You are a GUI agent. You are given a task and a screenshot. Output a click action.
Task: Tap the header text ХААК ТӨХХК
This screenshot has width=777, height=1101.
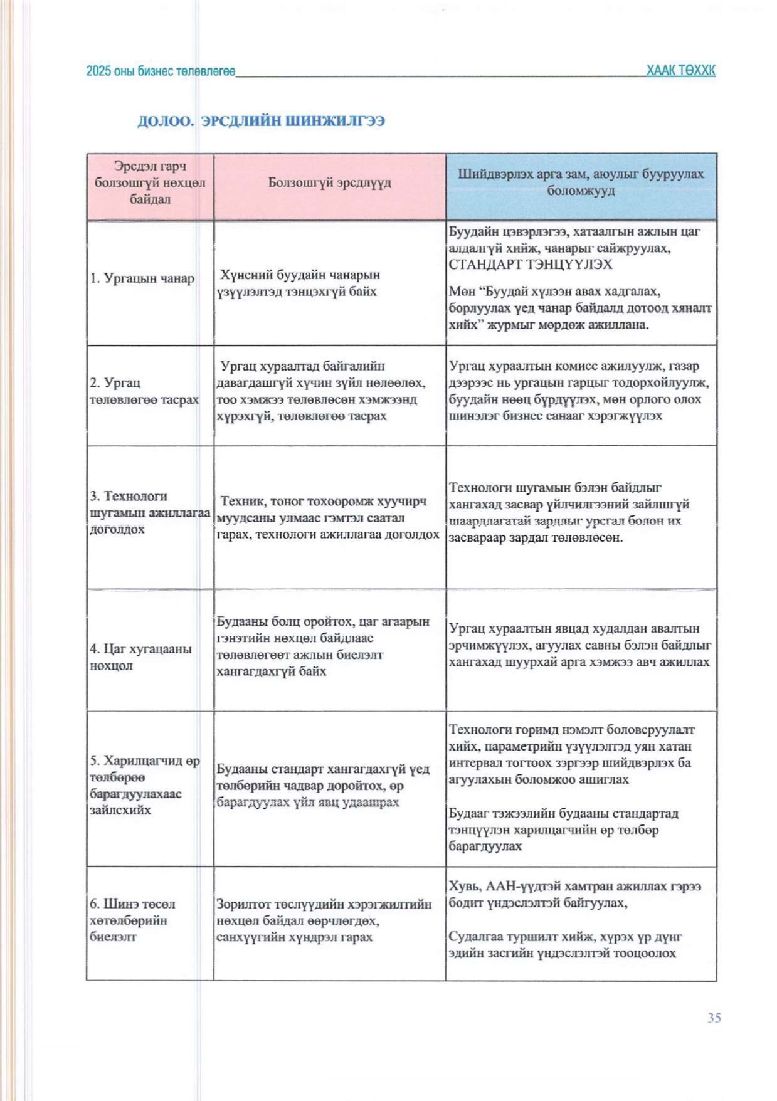pyautogui.click(x=680, y=71)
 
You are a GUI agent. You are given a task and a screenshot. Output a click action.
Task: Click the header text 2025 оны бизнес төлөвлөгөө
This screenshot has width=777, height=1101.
pyautogui.click(x=161, y=71)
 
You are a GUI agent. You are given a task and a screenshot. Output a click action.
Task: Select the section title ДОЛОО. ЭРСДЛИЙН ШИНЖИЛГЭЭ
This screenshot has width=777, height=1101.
pyautogui.click(x=261, y=121)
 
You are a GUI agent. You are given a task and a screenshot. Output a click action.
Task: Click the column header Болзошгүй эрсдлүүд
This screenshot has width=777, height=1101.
pyautogui.click(x=329, y=182)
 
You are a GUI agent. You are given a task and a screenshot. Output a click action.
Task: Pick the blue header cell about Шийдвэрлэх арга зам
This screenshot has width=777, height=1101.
pyautogui.click(x=581, y=182)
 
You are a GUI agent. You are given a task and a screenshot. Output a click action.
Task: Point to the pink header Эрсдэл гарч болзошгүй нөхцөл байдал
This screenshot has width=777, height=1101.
pyautogui.click(x=150, y=182)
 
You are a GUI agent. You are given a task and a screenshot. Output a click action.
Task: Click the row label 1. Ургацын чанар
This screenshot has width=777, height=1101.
pyautogui.click(x=142, y=278)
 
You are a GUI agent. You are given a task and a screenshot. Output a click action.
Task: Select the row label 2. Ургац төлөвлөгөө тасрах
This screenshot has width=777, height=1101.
pyautogui.click(x=144, y=391)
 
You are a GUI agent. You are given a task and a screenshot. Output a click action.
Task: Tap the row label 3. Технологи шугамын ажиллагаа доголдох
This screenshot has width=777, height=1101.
pyautogui.click(x=149, y=513)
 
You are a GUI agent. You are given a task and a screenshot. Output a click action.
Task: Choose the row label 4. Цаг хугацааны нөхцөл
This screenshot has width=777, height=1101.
pyautogui.click(x=140, y=657)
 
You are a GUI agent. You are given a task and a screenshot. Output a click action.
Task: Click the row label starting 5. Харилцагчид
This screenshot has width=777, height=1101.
pyautogui.click(x=144, y=785)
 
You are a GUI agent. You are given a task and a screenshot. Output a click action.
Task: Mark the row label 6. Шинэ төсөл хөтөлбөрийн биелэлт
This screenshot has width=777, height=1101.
pyautogui.click(x=132, y=920)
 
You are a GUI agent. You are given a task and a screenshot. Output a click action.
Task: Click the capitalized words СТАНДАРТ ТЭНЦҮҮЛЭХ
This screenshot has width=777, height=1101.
pyautogui.click(x=531, y=265)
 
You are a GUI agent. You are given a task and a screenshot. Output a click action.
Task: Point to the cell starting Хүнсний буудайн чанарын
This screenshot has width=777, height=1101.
pyautogui.click(x=299, y=283)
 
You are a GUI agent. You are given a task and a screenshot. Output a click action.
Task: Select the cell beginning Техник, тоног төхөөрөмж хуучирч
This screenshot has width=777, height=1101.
pyautogui.click(x=327, y=518)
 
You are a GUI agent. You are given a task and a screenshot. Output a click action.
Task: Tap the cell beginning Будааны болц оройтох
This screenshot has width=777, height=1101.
pyautogui.click(x=323, y=646)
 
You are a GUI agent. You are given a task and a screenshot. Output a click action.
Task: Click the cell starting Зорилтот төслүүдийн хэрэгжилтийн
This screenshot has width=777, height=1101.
pyautogui.click(x=324, y=920)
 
